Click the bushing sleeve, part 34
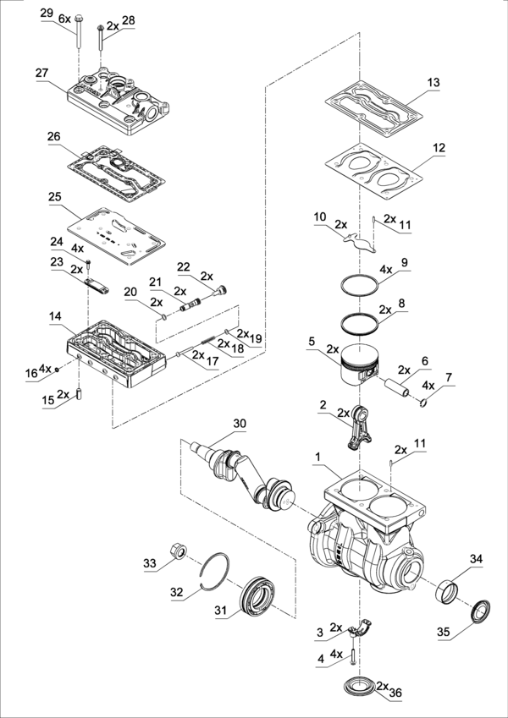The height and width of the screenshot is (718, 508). click(x=448, y=589)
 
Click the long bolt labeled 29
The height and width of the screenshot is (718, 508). click(x=75, y=33)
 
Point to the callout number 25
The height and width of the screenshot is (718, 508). click(x=54, y=196)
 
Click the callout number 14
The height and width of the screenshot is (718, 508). click(x=54, y=316)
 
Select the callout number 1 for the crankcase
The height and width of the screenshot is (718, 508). click(x=317, y=457)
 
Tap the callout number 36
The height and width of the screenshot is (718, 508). click(x=395, y=692)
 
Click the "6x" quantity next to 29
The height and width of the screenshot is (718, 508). click(x=64, y=18)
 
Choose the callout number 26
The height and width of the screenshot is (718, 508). click(x=54, y=135)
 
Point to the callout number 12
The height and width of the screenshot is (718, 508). click(x=438, y=146)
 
